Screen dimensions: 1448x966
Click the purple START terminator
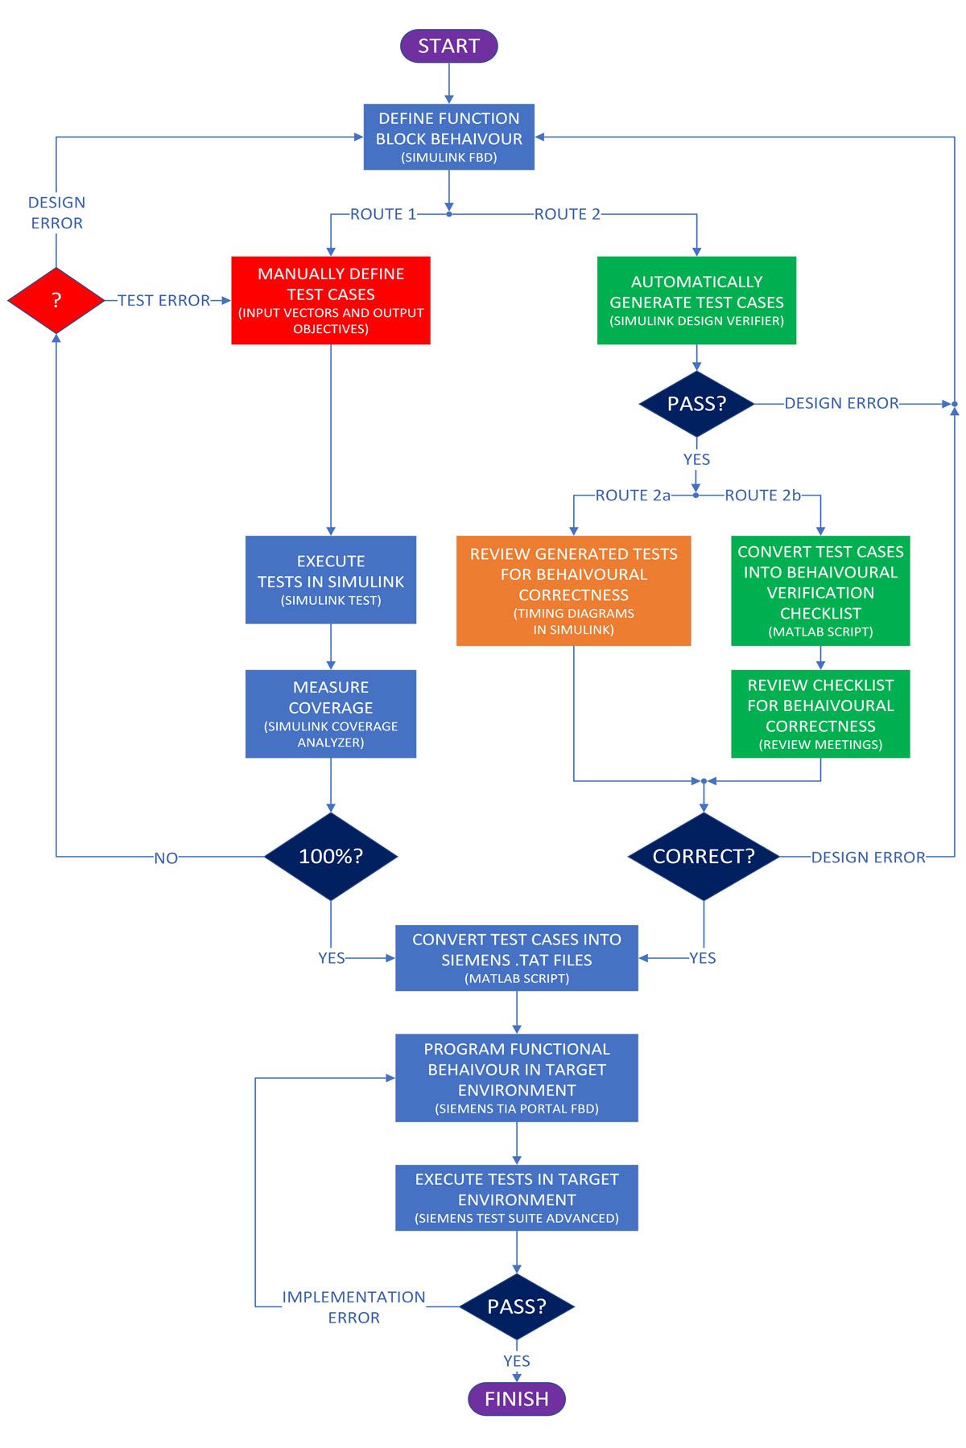point(448,46)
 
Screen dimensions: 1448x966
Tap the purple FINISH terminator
point(516,1398)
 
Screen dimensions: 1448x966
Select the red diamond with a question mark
point(56,300)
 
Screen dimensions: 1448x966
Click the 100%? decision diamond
point(331,856)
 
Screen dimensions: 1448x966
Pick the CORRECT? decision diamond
point(704,856)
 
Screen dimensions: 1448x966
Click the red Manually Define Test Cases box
point(331,300)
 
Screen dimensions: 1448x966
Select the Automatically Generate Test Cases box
point(696,300)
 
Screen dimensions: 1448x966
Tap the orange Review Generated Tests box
point(573,590)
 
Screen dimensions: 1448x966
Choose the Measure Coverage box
point(331,714)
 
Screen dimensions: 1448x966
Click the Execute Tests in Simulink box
point(331,579)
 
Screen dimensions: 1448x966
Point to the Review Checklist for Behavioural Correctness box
point(820,714)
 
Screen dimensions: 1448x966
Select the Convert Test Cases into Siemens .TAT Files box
point(516,957)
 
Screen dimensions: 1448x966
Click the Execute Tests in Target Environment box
point(516,1197)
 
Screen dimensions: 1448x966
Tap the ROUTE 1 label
point(383,214)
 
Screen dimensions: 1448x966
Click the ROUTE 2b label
point(762,496)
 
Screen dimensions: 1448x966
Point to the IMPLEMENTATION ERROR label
point(353,1306)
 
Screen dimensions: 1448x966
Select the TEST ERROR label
point(163,300)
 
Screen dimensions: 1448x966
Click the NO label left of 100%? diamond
point(166,858)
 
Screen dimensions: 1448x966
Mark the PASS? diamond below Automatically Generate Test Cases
point(696,403)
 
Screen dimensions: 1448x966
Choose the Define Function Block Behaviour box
point(448,137)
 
